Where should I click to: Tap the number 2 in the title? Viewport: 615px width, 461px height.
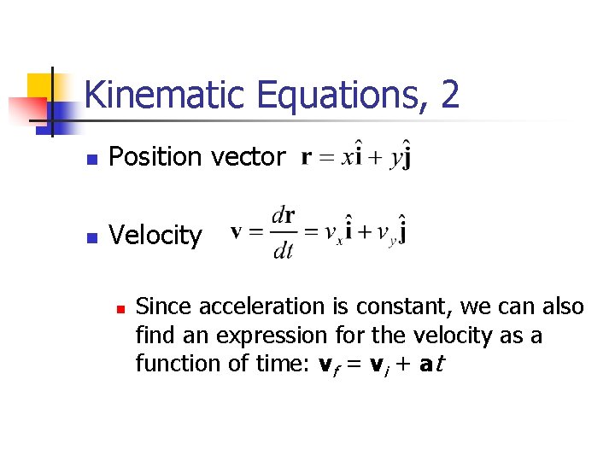(x=450, y=95)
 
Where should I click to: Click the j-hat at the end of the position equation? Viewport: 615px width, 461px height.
(x=405, y=158)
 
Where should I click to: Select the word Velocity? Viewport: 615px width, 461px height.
(x=155, y=236)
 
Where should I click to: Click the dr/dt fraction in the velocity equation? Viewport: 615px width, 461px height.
(x=283, y=234)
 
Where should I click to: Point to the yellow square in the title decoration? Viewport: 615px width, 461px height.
(x=40, y=88)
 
